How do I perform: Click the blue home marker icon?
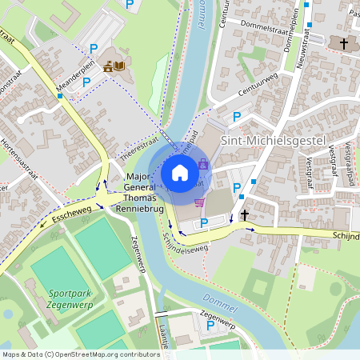[x=180, y=172]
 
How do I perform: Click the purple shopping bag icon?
[x=202, y=163]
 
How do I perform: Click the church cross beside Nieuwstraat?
[x=344, y=42]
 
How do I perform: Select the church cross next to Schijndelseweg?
[x=245, y=215]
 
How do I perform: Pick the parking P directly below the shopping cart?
[x=204, y=222]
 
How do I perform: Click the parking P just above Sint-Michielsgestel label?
[x=236, y=118]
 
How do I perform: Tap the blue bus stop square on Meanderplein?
[x=60, y=96]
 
